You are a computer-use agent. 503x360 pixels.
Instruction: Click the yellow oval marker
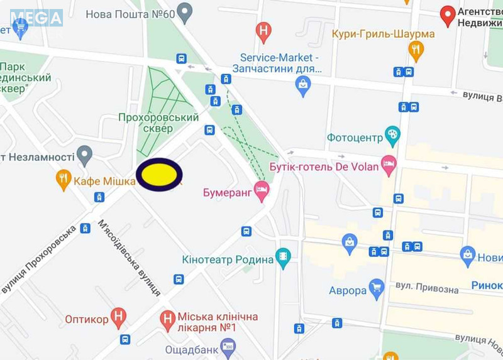click(x=159, y=175)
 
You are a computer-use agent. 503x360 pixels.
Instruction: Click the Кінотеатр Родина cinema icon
click(x=284, y=258)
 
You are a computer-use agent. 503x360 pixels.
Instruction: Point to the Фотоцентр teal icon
click(x=392, y=135)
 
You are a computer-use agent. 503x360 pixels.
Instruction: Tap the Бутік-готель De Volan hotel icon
click(x=389, y=165)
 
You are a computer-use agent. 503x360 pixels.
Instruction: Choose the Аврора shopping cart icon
click(x=376, y=289)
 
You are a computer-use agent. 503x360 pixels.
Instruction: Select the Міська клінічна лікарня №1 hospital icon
click(x=167, y=319)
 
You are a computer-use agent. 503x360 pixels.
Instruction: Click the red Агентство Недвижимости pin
click(x=448, y=15)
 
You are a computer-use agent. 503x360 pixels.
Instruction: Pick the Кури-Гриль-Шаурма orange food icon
click(x=416, y=50)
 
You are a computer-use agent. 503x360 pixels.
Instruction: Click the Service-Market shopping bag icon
click(x=304, y=85)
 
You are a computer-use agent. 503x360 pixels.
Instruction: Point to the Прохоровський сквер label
click(x=158, y=123)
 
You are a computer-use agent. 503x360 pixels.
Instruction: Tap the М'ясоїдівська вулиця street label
click(x=129, y=257)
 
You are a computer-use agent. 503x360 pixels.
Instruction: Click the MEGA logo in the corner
click(x=36, y=17)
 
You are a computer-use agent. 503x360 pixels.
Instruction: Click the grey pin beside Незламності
click(x=84, y=155)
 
